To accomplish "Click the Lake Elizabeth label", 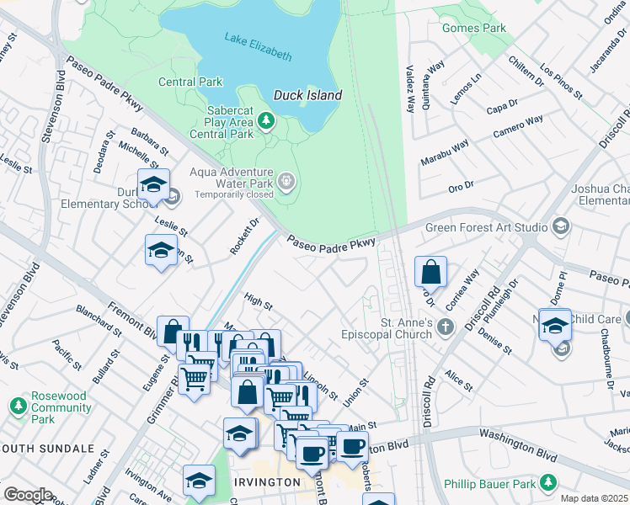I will [x=258, y=46].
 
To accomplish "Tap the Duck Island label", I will [x=307, y=95].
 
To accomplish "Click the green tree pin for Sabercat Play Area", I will [x=266, y=121].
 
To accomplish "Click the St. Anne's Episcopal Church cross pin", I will [x=446, y=326].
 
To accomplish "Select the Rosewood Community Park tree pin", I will [x=17, y=407].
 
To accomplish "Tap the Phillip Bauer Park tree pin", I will [x=549, y=483].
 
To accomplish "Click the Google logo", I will [x=28, y=495].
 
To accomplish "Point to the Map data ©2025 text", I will [x=595, y=498].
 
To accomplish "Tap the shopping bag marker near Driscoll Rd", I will [x=430, y=272].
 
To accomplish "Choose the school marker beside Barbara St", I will [x=153, y=185].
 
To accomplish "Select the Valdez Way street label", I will [x=410, y=89].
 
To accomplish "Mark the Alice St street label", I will [x=459, y=380].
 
